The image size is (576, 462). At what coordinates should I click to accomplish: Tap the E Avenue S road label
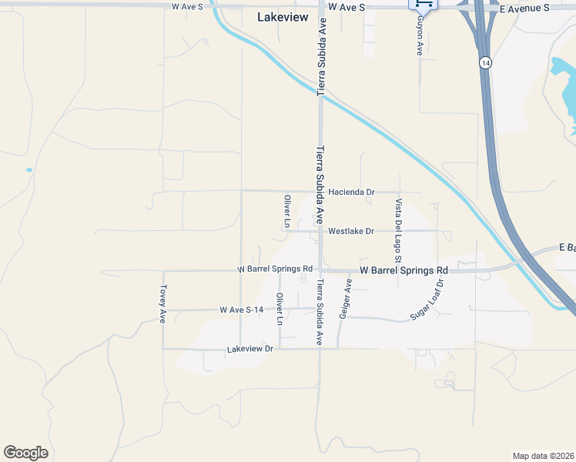pyautogui.click(x=524, y=8)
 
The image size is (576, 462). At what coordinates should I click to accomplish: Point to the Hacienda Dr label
pyautogui.click(x=351, y=192)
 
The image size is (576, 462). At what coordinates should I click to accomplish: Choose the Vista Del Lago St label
pyautogui.click(x=399, y=226)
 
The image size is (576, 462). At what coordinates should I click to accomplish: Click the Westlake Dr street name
pyautogui.click(x=350, y=231)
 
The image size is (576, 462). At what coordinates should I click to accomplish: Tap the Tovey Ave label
pyautogui.click(x=163, y=303)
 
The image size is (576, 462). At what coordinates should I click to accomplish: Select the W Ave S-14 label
pyautogui.click(x=242, y=310)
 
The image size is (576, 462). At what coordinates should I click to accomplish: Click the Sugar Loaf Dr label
pyautogui.click(x=428, y=300)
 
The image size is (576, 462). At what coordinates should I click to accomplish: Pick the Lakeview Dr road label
pyautogui.click(x=250, y=349)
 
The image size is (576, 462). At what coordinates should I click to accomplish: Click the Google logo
pyautogui.click(x=26, y=453)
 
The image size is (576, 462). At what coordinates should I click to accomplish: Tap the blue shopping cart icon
pyautogui.click(x=422, y=4)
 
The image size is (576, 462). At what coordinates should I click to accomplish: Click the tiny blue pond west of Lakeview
pyautogui.click(x=28, y=169)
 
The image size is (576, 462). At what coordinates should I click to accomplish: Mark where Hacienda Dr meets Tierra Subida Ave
pyautogui.click(x=320, y=191)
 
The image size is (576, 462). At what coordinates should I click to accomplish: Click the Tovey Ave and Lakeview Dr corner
pyautogui.click(x=162, y=348)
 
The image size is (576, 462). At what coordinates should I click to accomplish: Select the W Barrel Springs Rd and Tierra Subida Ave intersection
pyautogui.click(x=320, y=270)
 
